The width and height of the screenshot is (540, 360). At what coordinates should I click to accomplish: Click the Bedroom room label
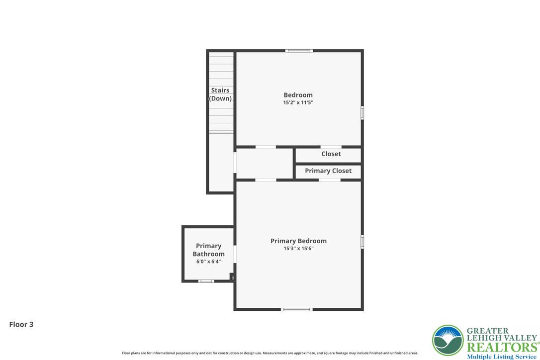coord(298,95)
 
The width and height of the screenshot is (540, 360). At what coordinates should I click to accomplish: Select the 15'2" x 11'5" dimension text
coord(298,102)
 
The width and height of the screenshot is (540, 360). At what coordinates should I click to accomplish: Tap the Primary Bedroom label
coord(298,241)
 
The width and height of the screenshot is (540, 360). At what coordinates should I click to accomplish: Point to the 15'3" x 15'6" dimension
coord(298,249)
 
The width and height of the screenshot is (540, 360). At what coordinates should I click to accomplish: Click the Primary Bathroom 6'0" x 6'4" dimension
coord(208,262)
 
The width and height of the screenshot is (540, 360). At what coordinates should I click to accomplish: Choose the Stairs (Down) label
coord(220,94)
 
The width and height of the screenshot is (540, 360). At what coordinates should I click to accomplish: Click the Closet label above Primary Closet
coord(331,154)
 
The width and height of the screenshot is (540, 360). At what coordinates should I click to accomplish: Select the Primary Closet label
coord(328,171)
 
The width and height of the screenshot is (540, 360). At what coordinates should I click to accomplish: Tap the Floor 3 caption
coord(21,324)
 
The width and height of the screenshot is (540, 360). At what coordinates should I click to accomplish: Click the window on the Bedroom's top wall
coord(299,51)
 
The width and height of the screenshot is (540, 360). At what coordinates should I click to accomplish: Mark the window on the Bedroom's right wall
coord(362,113)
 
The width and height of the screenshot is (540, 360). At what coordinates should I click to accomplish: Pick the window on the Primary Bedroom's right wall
coord(362,242)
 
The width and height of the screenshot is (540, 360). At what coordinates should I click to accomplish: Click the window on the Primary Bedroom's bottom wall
coord(296,309)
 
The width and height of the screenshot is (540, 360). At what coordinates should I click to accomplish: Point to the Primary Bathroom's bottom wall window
coord(206,281)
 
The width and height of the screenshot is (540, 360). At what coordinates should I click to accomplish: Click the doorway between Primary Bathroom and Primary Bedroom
coord(235,254)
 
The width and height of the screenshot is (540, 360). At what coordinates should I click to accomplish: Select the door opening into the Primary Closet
coord(330,180)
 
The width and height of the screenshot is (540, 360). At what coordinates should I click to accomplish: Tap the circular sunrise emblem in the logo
coord(448,341)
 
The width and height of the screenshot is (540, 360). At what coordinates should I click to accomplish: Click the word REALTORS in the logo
coord(503,347)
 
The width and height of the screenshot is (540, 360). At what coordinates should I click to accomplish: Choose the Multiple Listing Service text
coord(501,357)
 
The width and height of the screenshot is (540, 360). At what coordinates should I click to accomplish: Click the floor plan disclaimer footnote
coord(270,353)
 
